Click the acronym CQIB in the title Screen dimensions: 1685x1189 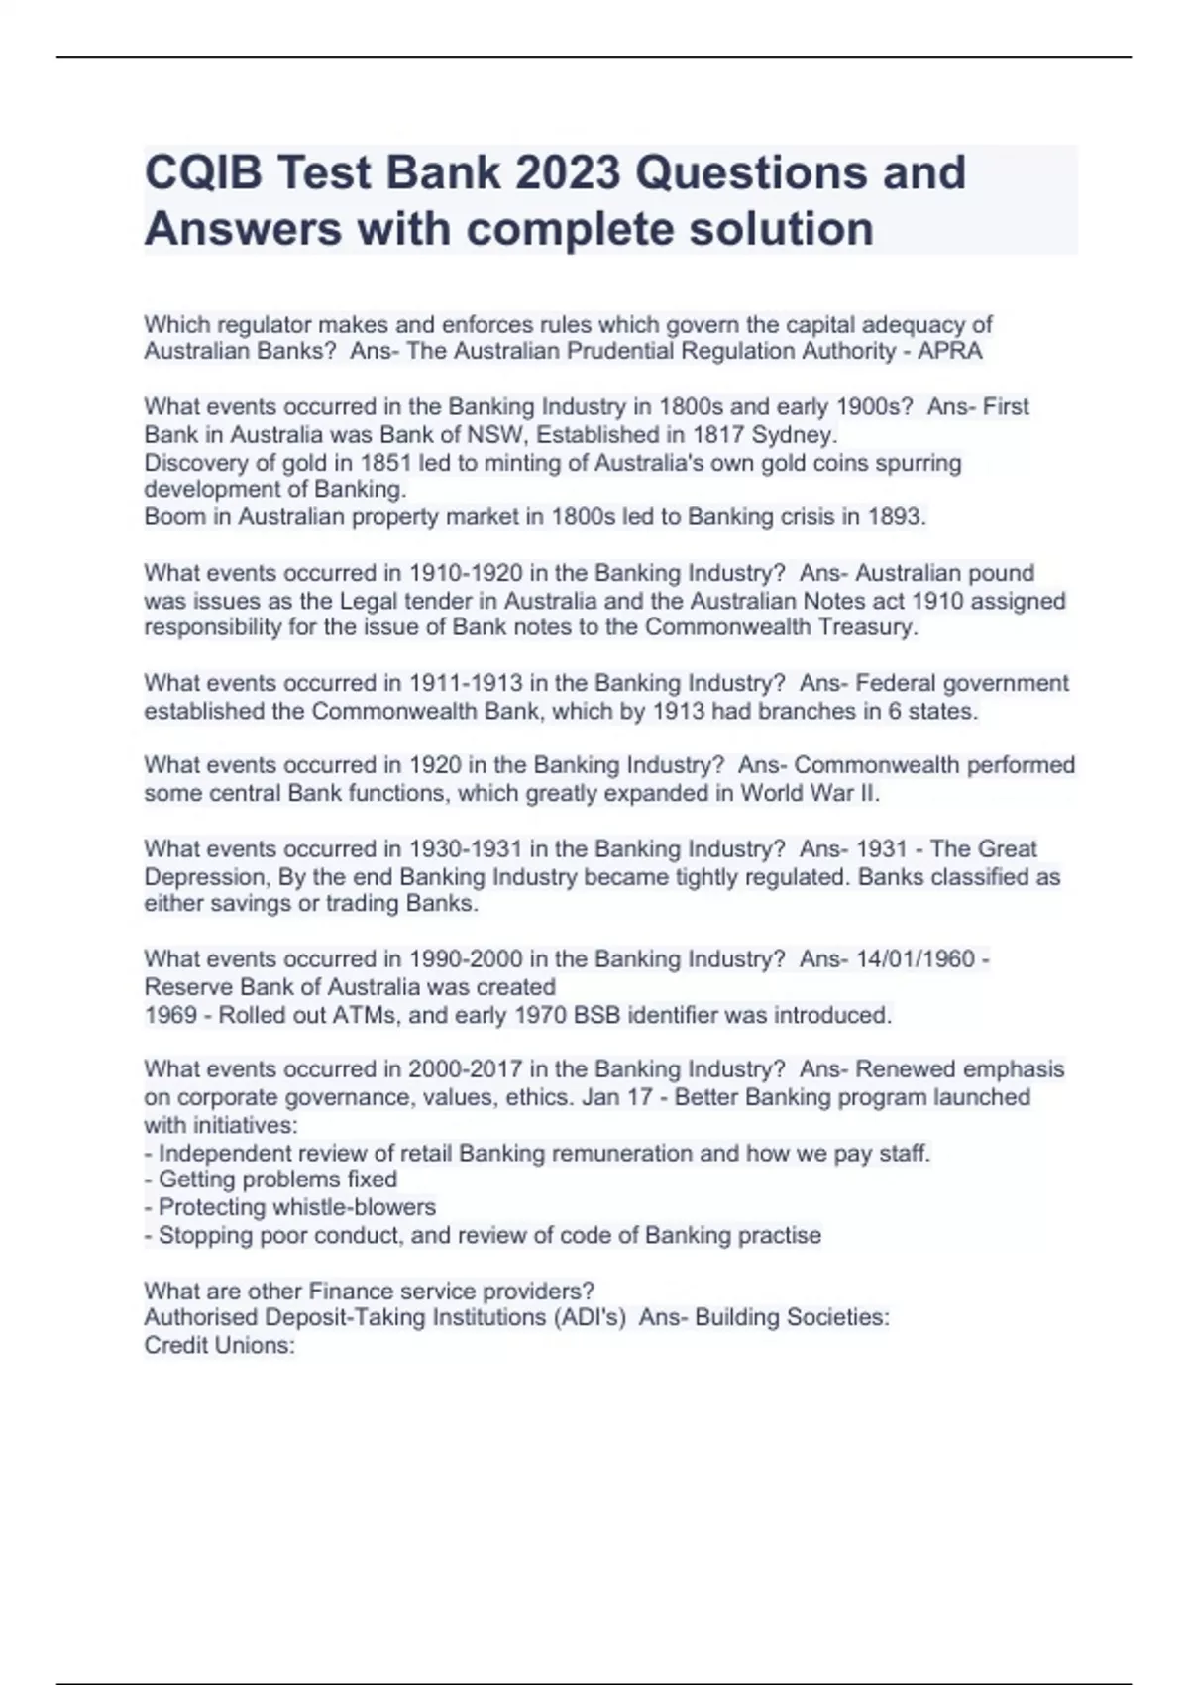tap(203, 172)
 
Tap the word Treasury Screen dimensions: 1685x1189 tap(866, 627)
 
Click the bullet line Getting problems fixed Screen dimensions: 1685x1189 tap(277, 1179)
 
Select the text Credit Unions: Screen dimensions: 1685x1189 tap(220, 1346)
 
